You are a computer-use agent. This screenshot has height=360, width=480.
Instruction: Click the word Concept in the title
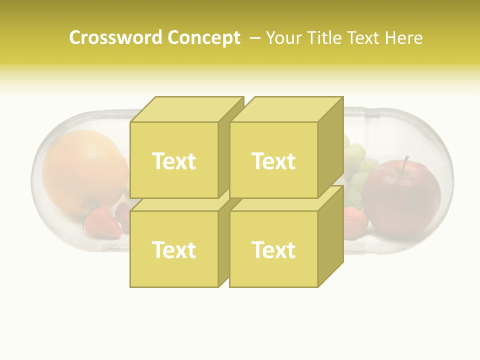click(x=203, y=38)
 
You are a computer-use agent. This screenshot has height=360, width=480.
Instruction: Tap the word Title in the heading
click(x=325, y=38)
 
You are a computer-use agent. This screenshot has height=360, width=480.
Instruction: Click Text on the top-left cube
click(x=173, y=161)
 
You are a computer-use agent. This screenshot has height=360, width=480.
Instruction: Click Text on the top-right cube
click(x=273, y=161)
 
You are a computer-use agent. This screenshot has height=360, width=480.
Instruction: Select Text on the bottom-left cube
click(x=173, y=249)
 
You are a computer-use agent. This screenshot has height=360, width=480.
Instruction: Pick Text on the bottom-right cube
click(x=273, y=249)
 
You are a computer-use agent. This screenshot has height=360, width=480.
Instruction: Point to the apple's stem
click(x=405, y=162)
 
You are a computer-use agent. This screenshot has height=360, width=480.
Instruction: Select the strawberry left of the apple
click(x=354, y=222)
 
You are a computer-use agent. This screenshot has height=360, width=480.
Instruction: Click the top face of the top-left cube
click(x=186, y=109)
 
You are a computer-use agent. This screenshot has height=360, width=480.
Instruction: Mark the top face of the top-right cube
click(x=286, y=109)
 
